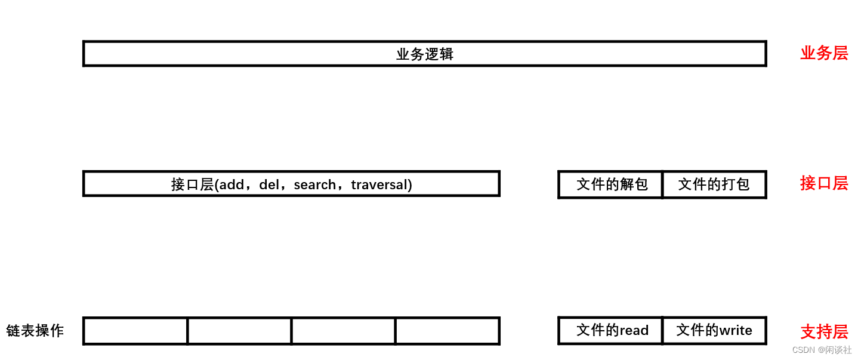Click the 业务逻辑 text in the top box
pos(425,54)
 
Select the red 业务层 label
pos(823,53)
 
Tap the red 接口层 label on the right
pos(823,183)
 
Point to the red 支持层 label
pos(823,331)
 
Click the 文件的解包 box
pos(611,184)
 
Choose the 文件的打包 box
pos(714,184)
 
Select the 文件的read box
pos(611,331)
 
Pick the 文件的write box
pos(714,331)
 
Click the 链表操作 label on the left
pos(35,331)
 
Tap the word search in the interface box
pos(315,185)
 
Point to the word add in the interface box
pos(232,185)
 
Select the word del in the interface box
pos(269,185)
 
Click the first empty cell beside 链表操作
pos(135,331)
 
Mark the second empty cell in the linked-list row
pos(239,331)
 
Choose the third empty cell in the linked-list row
pos(343,331)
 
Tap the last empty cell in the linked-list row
pos(447,331)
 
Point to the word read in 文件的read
pos(634,331)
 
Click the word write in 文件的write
pos(736,331)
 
